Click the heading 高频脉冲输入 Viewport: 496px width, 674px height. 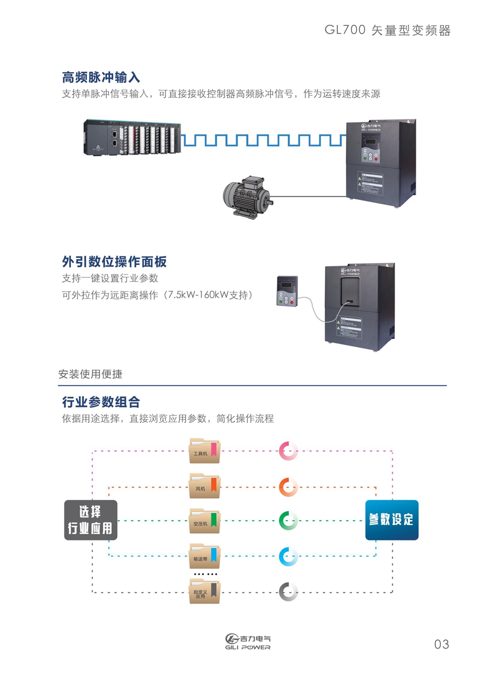tap(101, 77)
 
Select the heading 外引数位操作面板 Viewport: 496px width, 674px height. tap(114, 262)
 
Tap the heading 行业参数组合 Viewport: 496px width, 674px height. tap(101, 402)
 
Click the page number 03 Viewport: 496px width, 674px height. tap(441, 644)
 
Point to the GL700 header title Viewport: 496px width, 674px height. tap(387, 30)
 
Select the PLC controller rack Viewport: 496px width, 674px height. tap(131, 137)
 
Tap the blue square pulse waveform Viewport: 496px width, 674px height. tap(263, 140)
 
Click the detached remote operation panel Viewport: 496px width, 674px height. tap(287, 291)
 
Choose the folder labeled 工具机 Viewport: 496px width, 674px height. tap(204, 451)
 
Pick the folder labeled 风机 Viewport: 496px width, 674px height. tap(204, 486)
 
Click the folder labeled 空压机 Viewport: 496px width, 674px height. tap(204, 521)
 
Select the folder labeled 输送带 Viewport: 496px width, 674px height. tap(204, 556)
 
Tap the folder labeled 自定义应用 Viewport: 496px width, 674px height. tap(204, 591)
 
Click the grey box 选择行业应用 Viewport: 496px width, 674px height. tap(91, 520)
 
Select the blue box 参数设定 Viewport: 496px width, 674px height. tap(391, 520)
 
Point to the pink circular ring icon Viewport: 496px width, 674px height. tap(288, 451)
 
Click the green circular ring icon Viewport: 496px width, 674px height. tap(288, 521)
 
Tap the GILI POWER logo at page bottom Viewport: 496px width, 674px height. tap(248, 642)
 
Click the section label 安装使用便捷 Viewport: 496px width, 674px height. tap(90, 374)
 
